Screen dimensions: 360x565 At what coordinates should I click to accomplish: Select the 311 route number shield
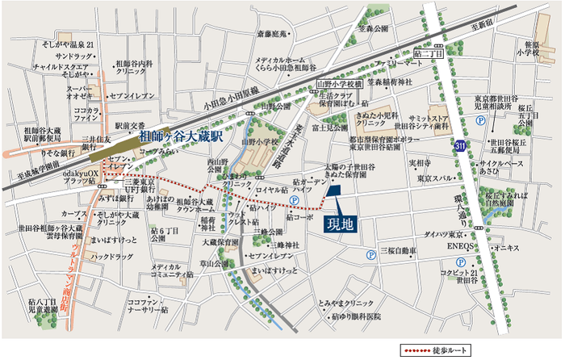click(x=459, y=146)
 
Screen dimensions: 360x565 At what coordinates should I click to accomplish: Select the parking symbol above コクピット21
click(x=459, y=262)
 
